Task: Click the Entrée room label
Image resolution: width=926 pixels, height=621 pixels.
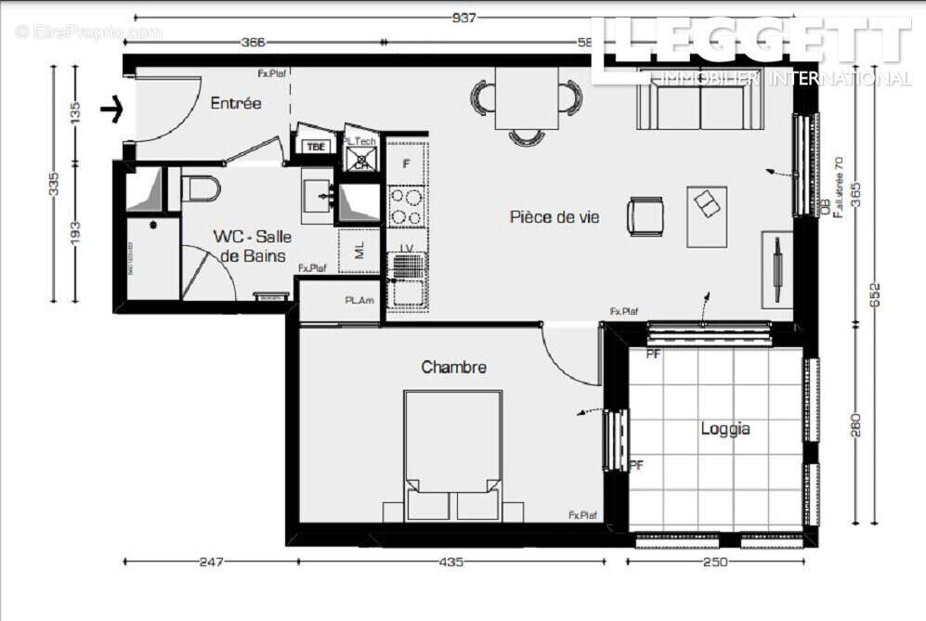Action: click(236, 103)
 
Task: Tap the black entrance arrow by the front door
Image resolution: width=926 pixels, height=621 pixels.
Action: click(112, 110)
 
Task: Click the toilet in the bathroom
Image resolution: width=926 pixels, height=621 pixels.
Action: click(201, 188)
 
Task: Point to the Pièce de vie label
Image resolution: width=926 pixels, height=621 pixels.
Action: click(554, 217)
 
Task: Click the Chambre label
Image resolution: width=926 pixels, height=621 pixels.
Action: click(453, 368)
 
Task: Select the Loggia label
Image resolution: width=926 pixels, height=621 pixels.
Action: click(725, 429)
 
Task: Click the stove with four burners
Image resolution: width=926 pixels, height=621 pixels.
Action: click(406, 206)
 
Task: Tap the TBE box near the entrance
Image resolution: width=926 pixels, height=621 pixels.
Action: click(316, 147)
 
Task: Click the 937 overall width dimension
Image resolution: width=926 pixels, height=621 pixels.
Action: click(463, 18)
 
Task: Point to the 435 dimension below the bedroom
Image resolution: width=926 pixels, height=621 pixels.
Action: click(450, 562)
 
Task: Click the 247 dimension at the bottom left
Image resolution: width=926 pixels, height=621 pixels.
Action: click(212, 562)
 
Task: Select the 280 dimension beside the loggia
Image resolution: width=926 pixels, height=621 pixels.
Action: click(855, 425)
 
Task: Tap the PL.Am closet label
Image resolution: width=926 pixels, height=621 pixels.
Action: click(358, 301)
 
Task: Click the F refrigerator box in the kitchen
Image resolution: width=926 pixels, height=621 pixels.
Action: click(406, 163)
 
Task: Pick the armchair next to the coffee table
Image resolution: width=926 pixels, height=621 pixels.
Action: click(645, 215)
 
